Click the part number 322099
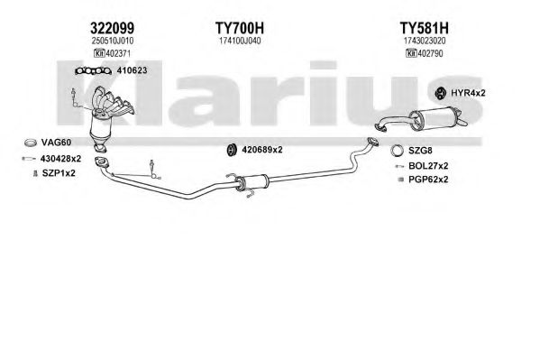tap(113, 28)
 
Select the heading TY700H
tap(240, 28)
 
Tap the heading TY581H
tap(424, 28)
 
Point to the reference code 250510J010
tap(113, 41)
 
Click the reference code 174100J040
tap(240, 41)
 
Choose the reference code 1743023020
tap(425, 41)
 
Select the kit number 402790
tap(429, 53)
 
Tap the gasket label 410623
tap(132, 70)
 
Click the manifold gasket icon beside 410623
tap(94, 71)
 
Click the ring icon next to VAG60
tap(31, 142)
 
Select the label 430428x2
tap(60, 159)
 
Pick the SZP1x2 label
tap(59, 173)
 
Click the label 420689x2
tap(262, 150)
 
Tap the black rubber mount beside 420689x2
tap(232, 150)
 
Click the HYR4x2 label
tap(468, 93)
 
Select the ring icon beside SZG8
tap(397, 151)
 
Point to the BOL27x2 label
tap(428, 166)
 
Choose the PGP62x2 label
tap(428, 180)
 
